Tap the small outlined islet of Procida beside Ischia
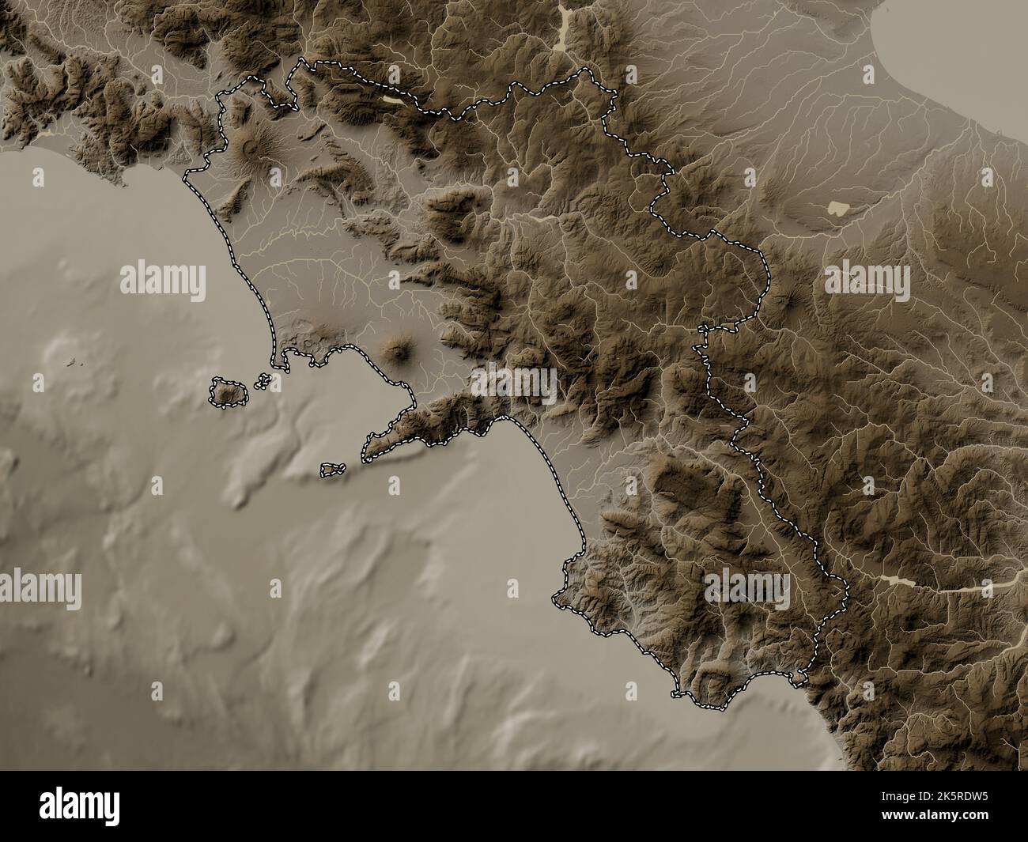tap(261, 382)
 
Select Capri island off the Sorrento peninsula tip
tap(333, 470)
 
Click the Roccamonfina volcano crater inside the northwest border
tap(251, 145)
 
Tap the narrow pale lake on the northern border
tap(394, 100)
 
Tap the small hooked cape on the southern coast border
tap(676, 695)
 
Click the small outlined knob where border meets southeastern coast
tap(801, 677)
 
